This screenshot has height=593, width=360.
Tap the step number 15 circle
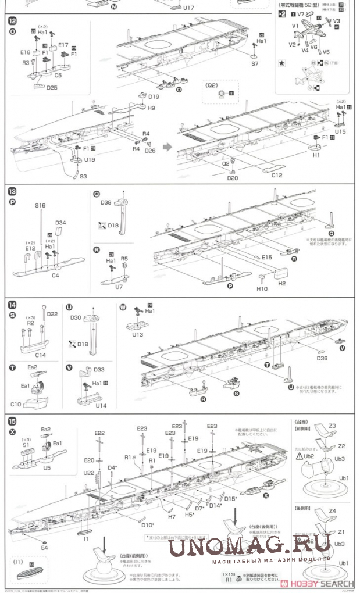click(x=12, y=420)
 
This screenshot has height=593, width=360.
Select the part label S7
click(x=255, y=65)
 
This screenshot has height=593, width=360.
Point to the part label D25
click(x=51, y=88)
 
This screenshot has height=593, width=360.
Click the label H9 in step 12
click(x=151, y=108)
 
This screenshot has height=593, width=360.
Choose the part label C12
click(x=276, y=175)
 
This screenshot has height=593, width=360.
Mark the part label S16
click(x=40, y=205)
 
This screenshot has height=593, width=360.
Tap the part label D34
click(x=60, y=223)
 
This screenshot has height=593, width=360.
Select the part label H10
click(x=262, y=288)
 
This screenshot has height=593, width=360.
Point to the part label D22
click(x=52, y=315)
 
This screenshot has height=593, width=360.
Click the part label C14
click(x=40, y=355)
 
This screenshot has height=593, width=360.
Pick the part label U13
click(x=137, y=335)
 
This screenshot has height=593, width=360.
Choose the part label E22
click(x=99, y=433)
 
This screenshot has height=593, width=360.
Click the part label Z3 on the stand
click(x=332, y=426)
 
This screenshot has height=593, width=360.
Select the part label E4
click(x=45, y=547)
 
